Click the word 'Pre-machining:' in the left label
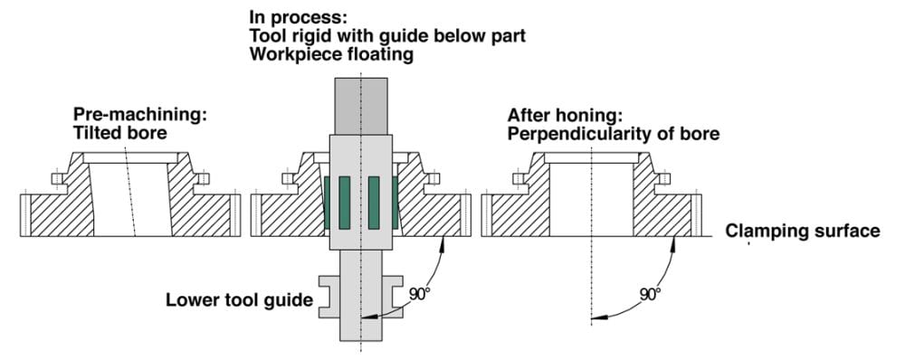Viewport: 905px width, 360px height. pos(140,115)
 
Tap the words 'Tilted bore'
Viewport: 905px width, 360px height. pos(120,133)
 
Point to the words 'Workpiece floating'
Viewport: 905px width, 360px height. pos(331,55)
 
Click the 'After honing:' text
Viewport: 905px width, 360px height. pos(565,115)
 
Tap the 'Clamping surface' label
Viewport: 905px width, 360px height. pos(803,232)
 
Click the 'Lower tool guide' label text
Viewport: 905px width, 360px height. pos(239,300)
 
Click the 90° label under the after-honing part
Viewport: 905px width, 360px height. pos(651,294)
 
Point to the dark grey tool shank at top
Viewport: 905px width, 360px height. pos(361,106)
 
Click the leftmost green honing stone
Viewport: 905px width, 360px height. pos(328,202)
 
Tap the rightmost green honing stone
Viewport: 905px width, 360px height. pos(395,202)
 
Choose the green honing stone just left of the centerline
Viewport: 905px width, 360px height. pos(345,202)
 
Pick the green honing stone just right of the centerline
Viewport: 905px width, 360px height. pos(374,202)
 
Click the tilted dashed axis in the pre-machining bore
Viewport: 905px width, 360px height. pos(129,191)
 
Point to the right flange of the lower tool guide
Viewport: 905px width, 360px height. pos(393,297)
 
